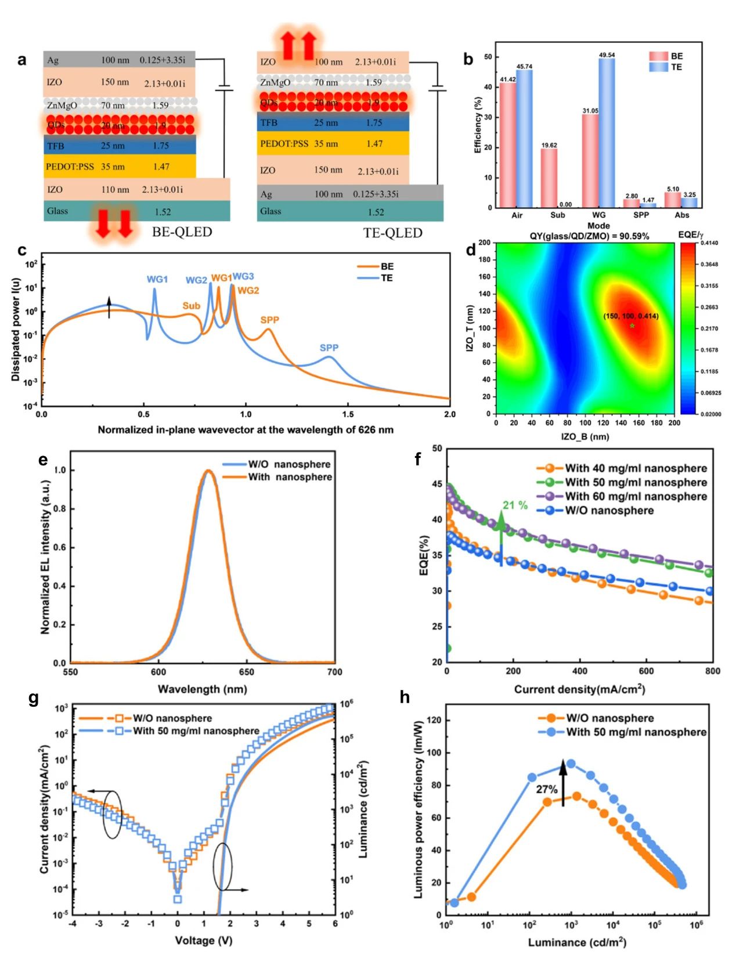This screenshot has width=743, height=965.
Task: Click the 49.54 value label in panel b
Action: click(607, 55)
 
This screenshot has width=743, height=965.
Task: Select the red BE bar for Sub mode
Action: click(549, 178)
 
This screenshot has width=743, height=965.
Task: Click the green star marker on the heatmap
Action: click(632, 326)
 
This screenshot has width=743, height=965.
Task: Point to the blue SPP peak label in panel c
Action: click(329, 348)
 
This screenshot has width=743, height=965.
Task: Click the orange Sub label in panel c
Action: click(191, 306)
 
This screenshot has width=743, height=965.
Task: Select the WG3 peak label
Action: click(244, 276)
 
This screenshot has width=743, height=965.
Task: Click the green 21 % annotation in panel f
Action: click(515, 505)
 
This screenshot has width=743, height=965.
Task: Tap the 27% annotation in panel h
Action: click(546, 789)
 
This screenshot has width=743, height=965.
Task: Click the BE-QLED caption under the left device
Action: click(182, 232)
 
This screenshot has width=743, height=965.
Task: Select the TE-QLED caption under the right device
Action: click(392, 233)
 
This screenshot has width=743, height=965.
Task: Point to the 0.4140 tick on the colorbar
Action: click(709, 243)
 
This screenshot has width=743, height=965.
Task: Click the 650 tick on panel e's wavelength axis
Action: click(246, 672)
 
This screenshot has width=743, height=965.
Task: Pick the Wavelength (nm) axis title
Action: click(202, 689)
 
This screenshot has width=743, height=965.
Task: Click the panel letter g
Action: click(34, 698)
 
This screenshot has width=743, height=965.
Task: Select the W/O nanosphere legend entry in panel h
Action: click(609, 718)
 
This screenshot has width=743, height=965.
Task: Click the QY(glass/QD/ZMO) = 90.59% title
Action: click(589, 236)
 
